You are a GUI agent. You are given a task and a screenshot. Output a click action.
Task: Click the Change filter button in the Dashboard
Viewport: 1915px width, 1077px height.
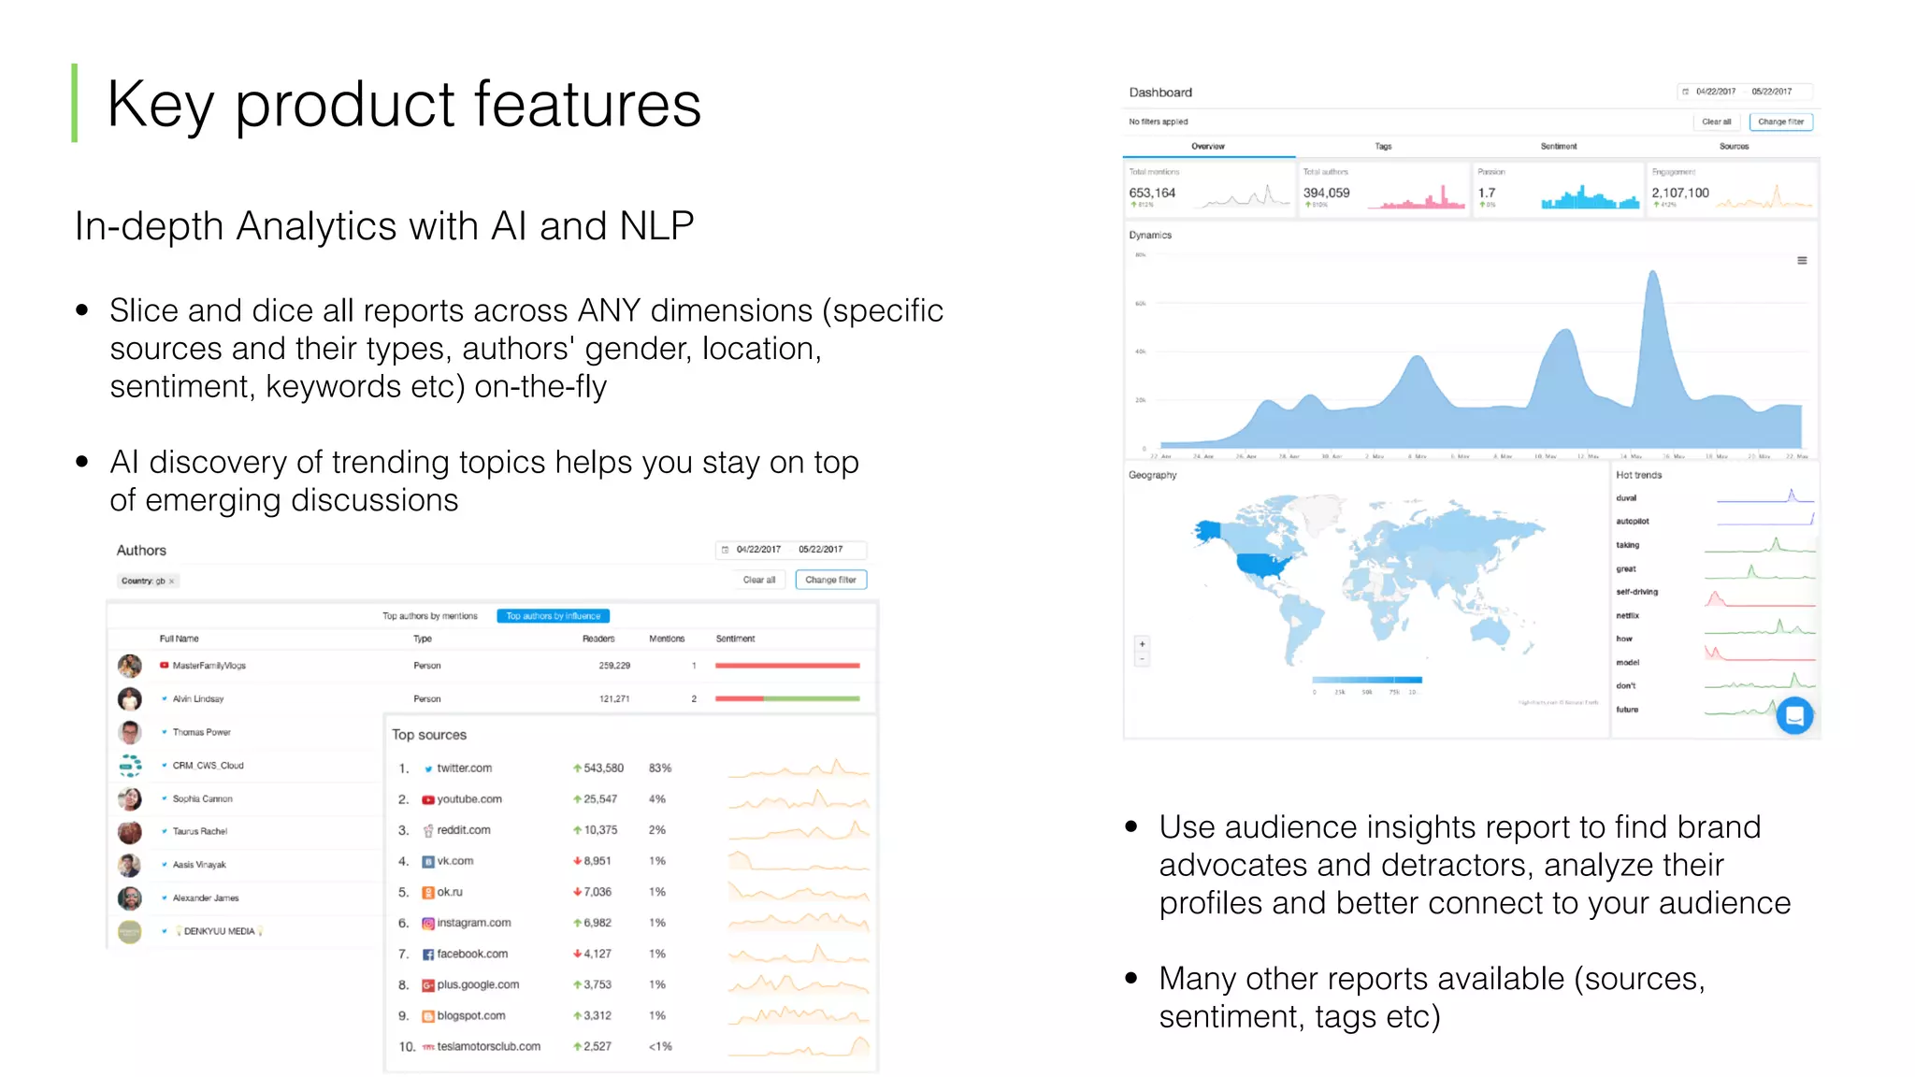(1780, 122)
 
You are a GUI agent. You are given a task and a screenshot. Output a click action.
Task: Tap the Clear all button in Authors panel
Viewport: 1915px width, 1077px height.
(758, 580)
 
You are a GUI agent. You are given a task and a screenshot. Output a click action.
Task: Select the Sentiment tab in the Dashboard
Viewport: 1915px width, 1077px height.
(1559, 147)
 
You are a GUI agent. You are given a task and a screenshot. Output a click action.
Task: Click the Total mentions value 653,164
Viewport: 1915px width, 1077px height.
(1152, 193)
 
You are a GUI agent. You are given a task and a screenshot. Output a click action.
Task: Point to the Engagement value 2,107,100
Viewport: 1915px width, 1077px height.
(1680, 193)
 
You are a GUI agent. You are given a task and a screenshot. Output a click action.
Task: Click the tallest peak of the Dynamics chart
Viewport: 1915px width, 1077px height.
(1653, 273)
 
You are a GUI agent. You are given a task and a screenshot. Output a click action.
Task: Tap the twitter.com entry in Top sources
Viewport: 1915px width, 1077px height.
(464, 768)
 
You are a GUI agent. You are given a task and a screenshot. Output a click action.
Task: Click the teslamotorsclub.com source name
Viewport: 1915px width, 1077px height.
(488, 1046)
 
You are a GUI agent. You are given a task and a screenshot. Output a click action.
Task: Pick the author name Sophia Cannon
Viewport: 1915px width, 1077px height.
(202, 799)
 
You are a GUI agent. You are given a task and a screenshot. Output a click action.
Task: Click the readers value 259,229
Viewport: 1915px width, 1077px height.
(614, 666)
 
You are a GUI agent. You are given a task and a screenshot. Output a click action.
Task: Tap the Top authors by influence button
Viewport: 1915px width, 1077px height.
(553, 616)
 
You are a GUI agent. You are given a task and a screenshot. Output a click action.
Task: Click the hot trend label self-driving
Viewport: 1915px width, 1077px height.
(1636, 592)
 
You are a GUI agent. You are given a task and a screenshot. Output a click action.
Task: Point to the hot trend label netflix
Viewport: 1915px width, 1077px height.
(1627, 616)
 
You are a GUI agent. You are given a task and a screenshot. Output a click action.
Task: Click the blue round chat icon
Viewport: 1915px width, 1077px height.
(1794, 716)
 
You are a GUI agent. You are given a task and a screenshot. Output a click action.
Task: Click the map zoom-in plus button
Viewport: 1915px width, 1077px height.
(1142, 644)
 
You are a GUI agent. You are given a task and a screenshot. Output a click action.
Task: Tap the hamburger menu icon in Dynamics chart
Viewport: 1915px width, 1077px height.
(1802, 261)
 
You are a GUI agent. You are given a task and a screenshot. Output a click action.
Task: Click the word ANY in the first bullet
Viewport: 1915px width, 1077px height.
(609, 310)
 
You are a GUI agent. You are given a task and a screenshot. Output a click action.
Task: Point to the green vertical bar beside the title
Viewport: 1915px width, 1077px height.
(75, 103)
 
